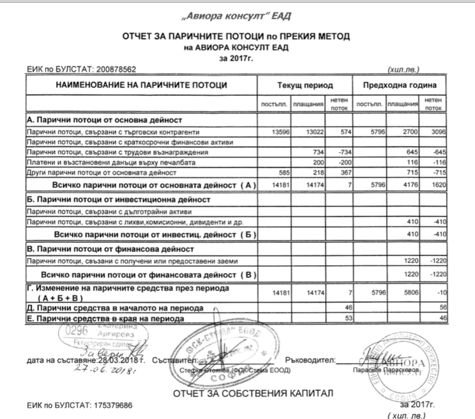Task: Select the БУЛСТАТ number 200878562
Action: pos(116,70)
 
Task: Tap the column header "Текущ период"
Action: pos(305,86)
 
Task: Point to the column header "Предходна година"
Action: pos(400,86)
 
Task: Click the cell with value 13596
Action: pos(278,132)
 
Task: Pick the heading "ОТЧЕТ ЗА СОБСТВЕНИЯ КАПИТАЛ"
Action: pos(253,394)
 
